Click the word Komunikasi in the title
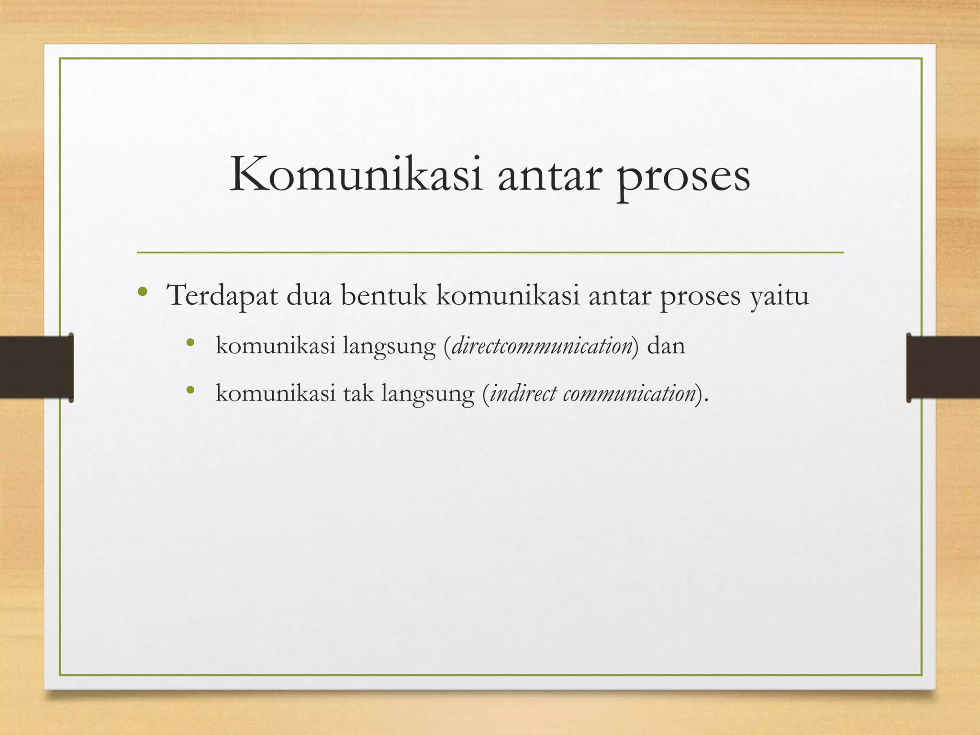point(356,176)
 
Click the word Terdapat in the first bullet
point(222,295)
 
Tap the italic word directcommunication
point(542,345)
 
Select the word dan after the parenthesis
point(666,345)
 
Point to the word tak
point(358,393)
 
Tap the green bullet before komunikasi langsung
point(190,342)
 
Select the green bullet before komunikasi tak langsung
point(190,390)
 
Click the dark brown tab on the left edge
point(36,367)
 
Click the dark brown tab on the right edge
point(943,367)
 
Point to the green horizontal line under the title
point(490,252)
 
